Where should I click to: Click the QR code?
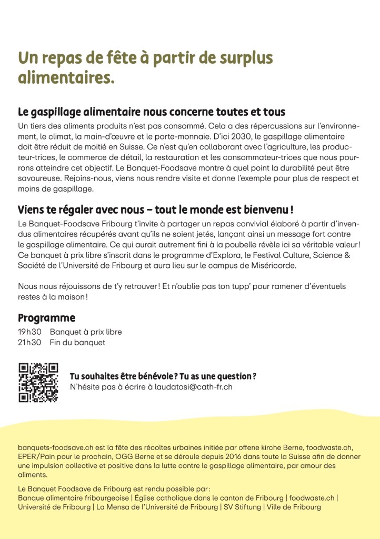(x=38, y=383)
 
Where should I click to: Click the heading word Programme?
(x=46, y=318)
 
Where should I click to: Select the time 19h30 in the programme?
(x=29, y=332)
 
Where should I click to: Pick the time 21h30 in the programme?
(x=29, y=343)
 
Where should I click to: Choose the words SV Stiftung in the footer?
(x=243, y=507)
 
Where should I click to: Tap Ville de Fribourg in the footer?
(x=294, y=507)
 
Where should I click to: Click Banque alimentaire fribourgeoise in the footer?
(x=73, y=497)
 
